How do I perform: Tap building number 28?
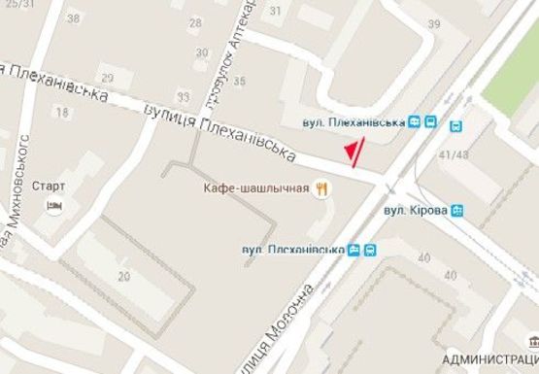coord(198,22)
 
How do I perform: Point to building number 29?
coord(107,78)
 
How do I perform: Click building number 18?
coord(63,113)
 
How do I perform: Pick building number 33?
coord(184,95)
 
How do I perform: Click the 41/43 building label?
coord(454,154)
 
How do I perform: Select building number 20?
coord(123,277)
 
